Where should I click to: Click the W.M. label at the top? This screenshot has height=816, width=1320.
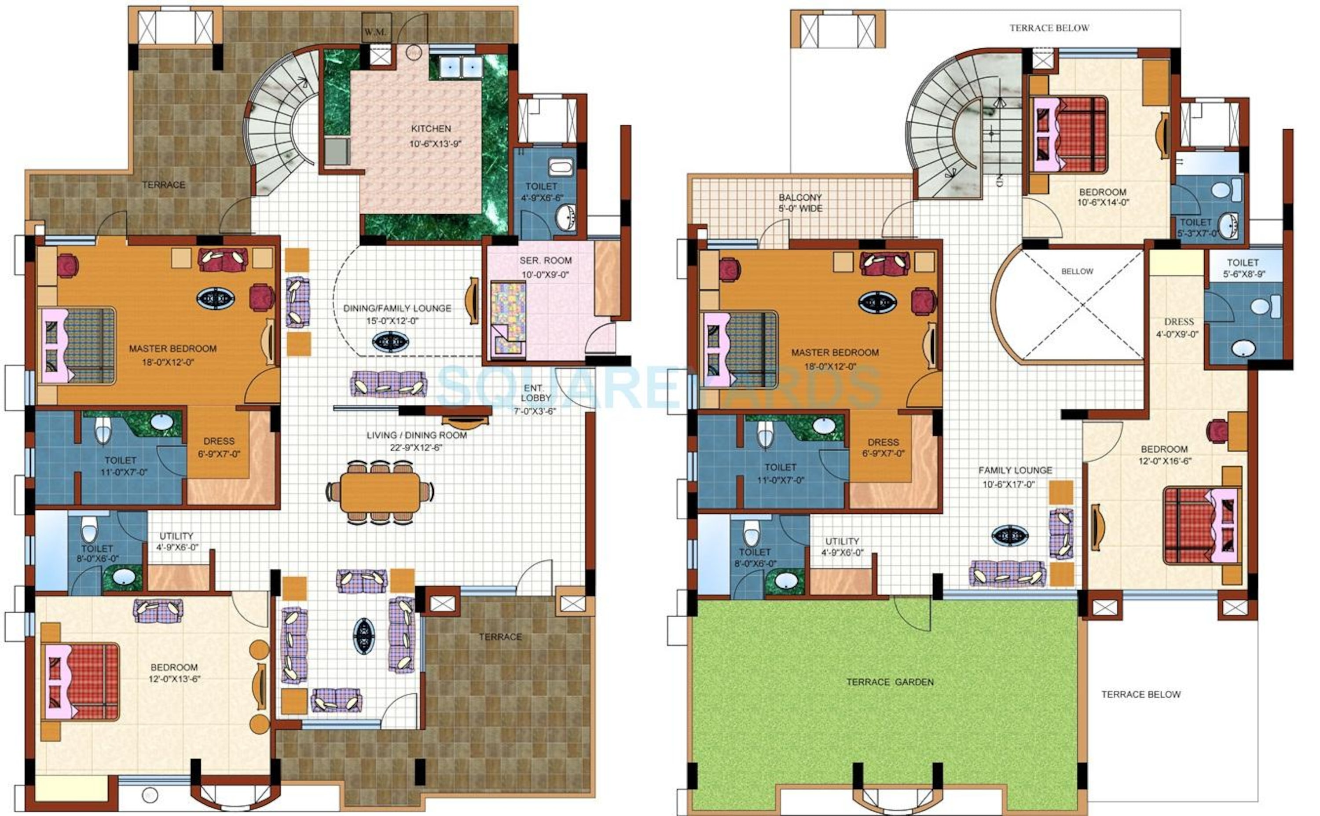pos(374,32)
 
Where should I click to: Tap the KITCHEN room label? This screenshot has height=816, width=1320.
pos(431,128)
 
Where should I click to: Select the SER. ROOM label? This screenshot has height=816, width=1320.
pos(545,260)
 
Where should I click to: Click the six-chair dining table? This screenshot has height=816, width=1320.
pos(380,492)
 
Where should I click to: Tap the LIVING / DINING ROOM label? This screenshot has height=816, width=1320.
pos(417,435)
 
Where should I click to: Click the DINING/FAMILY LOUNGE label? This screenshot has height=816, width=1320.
pos(397,308)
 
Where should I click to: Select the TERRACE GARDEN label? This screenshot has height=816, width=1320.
pos(889,682)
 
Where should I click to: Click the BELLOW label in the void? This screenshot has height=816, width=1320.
pos(1077,271)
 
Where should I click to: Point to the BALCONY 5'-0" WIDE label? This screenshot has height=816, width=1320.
pos(800,203)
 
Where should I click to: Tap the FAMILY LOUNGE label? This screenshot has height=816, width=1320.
pos(1015,471)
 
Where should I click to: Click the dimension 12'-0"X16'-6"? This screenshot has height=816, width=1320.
pos(1165,461)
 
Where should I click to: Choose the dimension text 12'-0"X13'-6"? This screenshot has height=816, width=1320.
pos(174,679)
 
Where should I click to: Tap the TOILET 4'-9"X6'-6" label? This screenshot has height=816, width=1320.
pos(541,192)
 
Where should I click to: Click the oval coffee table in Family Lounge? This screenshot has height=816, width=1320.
pos(1010,535)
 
